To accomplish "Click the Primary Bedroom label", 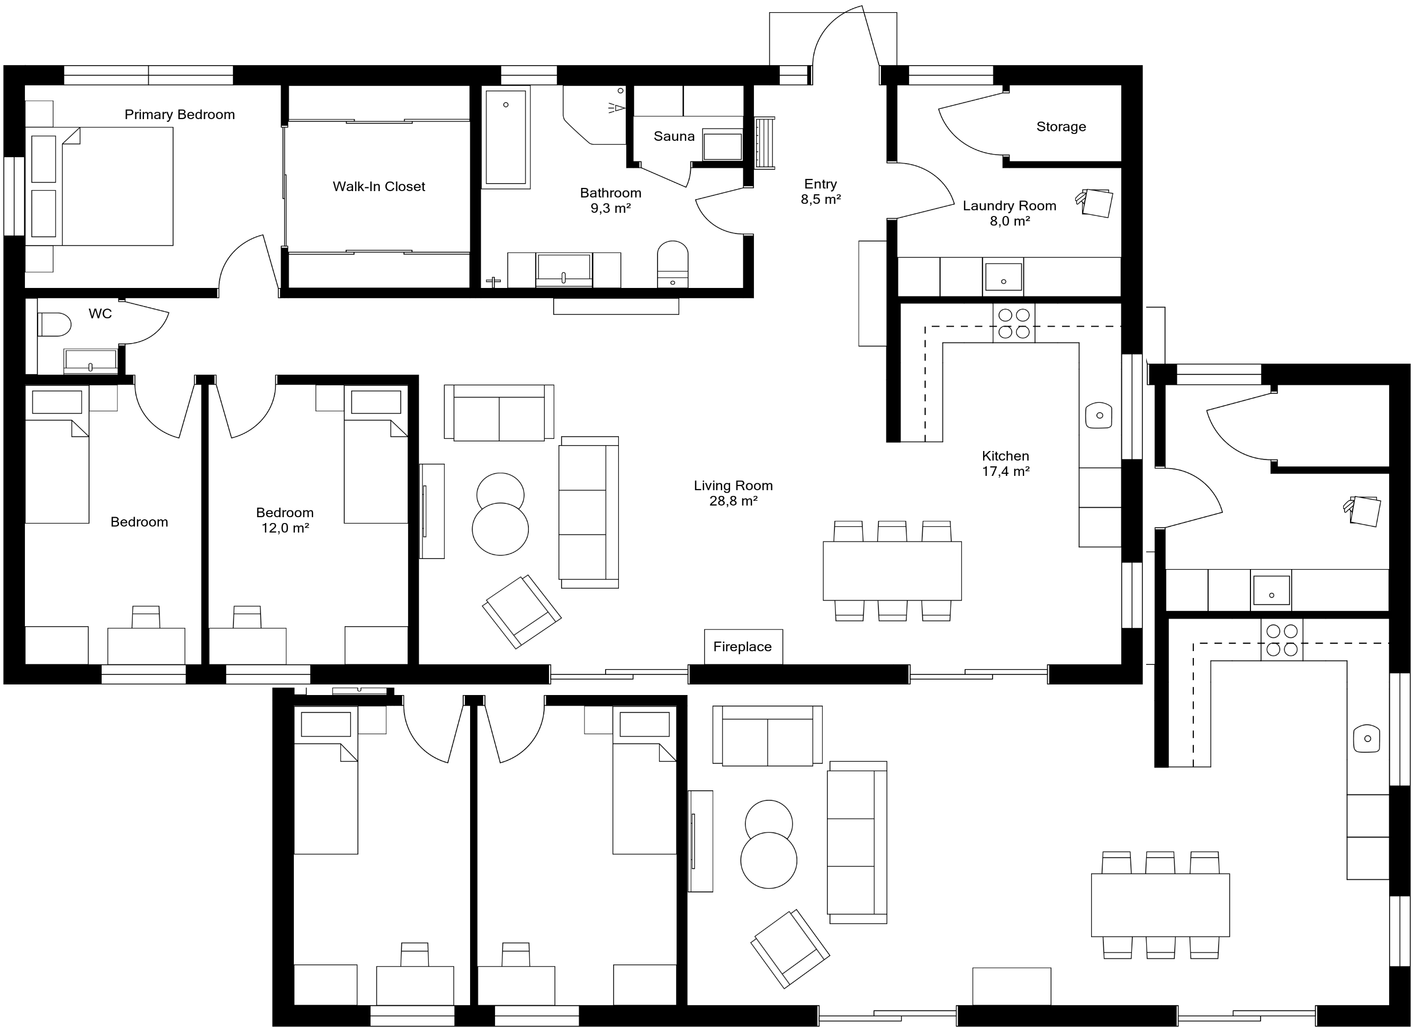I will point(179,115).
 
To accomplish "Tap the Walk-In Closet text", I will point(379,186).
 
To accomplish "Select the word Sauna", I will point(673,136).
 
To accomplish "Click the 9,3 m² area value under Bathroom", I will point(610,209).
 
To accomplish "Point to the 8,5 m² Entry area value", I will point(821,200).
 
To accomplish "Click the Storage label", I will point(1060,127).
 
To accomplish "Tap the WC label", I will point(100,313).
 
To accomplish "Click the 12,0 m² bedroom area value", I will point(285,528).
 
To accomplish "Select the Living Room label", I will point(733,485).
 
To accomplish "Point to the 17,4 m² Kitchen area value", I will point(1005,472).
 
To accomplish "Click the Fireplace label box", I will point(743,647).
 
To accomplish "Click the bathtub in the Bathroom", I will point(506,137).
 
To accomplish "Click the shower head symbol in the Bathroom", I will point(617,109).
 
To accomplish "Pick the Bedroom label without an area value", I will point(139,522).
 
